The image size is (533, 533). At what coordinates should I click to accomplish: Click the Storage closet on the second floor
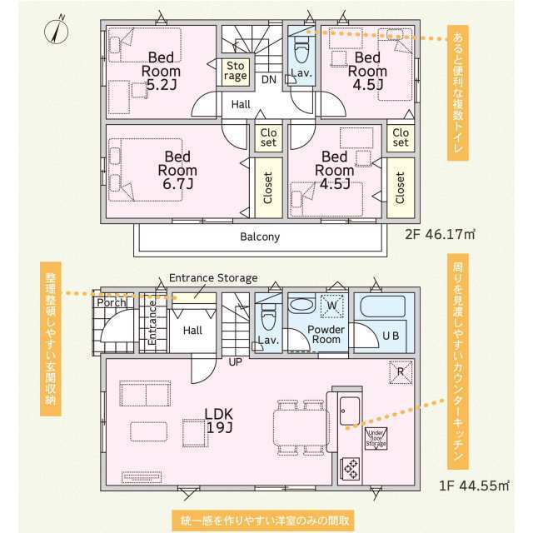pyautogui.click(x=235, y=70)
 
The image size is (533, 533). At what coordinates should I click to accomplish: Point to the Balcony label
pyautogui.click(x=260, y=237)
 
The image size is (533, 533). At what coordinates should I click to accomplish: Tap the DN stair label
pyautogui.click(x=268, y=80)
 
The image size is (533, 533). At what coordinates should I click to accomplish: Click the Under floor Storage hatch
pyautogui.click(x=376, y=437)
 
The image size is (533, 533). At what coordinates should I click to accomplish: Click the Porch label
pyautogui.click(x=111, y=302)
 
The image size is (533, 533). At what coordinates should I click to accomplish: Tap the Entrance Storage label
pyautogui.click(x=213, y=278)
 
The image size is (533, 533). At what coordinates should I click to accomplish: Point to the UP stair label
pyautogui.click(x=236, y=362)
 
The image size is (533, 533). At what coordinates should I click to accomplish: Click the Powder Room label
pyautogui.click(x=326, y=334)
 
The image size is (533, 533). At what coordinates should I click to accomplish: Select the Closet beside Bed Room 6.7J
pyautogui.click(x=268, y=187)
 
